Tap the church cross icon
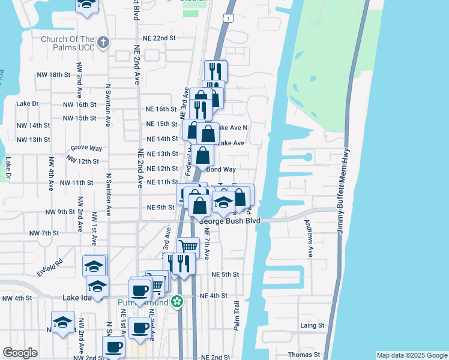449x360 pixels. tap(103, 42)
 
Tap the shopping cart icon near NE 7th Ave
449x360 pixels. tap(188, 246)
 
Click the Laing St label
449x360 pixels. tap(312, 326)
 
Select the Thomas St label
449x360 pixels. tap(300, 355)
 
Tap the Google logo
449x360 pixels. tap(20, 353)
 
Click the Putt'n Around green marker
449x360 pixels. tap(176, 302)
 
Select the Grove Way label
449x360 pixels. tap(86, 148)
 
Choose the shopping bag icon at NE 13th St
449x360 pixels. tap(203, 155)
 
